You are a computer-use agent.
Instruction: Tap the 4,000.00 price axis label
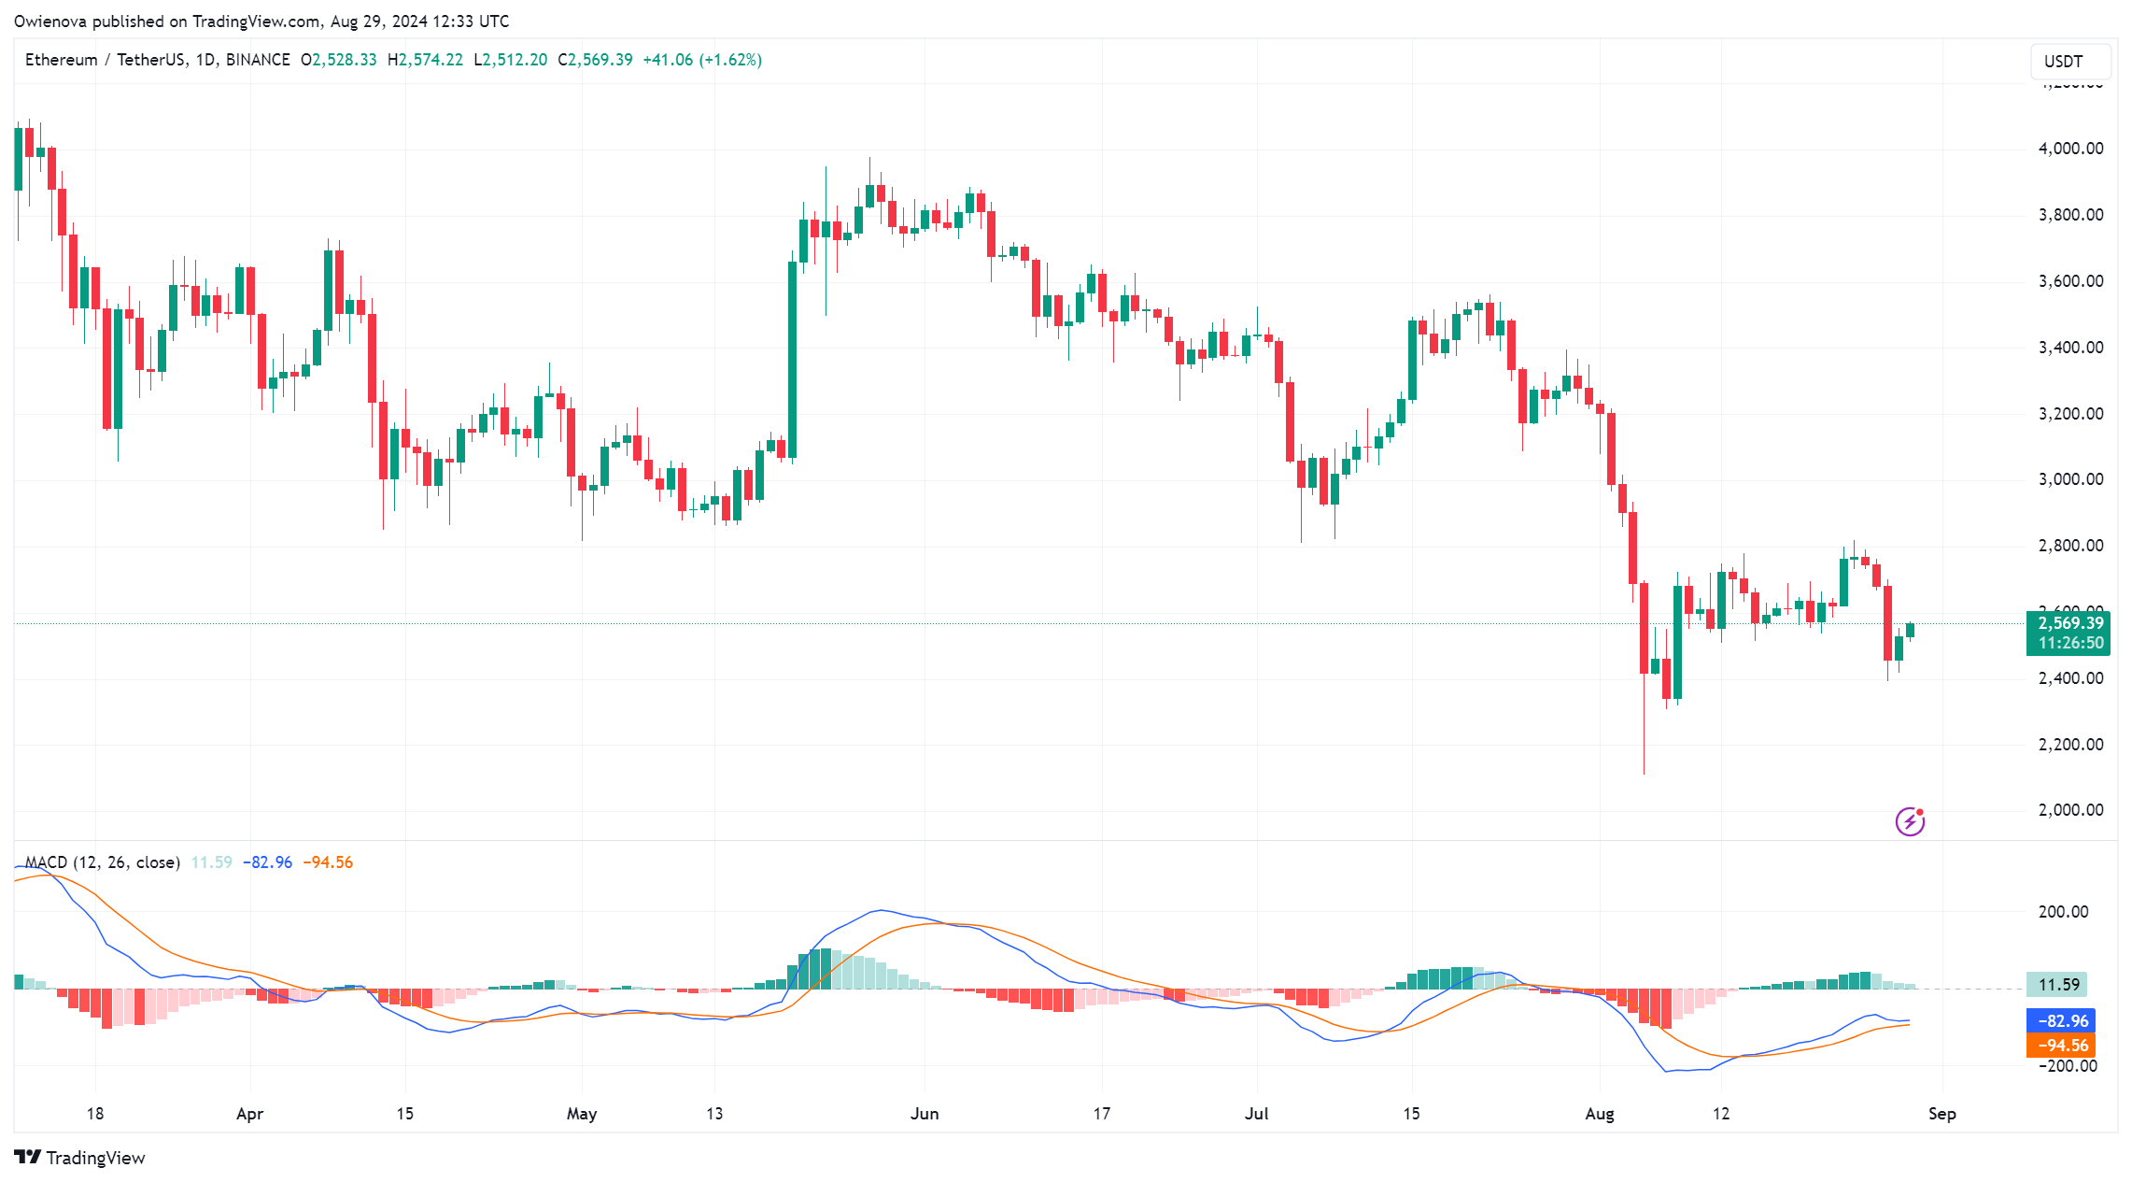pyautogui.click(x=2070, y=149)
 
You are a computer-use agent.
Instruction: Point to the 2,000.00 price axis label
pyautogui.click(x=2070, y=810)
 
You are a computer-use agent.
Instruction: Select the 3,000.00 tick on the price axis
pyautogui.click(x=2070, y=479)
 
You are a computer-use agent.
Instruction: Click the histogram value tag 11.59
pyautogui.click(x=2057, y=985)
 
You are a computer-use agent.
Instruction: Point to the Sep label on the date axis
pyautogui.click(x=1941, y=1114)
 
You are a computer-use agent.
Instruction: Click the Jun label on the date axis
pyautogui.click(x=925, y=1114)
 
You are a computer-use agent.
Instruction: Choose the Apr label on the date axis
pyautogui.click(x=250, y=1114)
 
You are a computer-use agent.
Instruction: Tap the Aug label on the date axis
pyautogui.click(x=1600, y=1114)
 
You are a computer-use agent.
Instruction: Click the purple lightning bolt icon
pyautogui.click(x=1910, y=821)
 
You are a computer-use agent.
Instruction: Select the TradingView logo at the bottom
pyautogui.click(x=81, y=1158)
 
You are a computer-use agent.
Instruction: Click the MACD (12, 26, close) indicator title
pyautogui.click(x=103, y=862)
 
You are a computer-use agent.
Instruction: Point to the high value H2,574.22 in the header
pyautogui.click(x=426, y=60)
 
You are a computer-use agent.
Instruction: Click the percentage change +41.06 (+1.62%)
pyautogui.click(x=702, y=60)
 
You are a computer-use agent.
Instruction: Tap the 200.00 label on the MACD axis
pyautogui.click(x=2063, y=912)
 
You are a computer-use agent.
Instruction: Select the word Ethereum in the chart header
pyautogui.click(x=62, y=60)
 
